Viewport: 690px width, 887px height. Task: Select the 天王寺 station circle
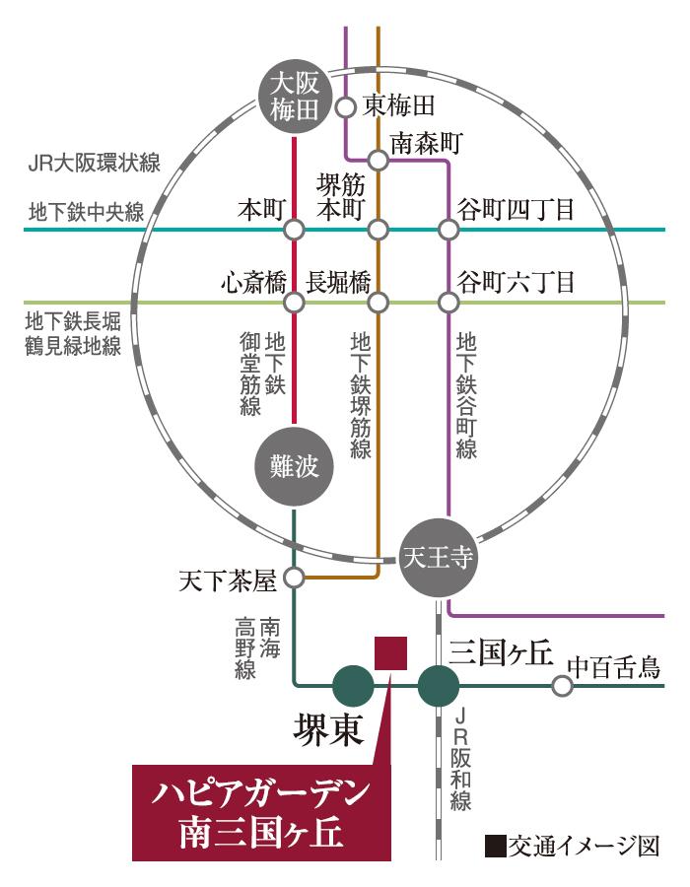click(439, 559)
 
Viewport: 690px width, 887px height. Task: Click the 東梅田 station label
click(399, 104)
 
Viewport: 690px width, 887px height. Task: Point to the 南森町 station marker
click(379, 159)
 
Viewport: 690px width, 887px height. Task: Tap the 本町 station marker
click(293, 231)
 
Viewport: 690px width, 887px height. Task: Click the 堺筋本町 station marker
click(379, 231)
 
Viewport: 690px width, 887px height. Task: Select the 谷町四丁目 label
click(516, 211)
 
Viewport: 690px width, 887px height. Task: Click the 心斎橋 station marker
click(293, 302)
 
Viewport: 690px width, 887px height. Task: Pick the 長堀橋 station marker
click(379, 302)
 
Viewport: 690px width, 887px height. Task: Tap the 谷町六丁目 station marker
click(448, 302)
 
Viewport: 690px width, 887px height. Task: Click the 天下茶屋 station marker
click(294, 578)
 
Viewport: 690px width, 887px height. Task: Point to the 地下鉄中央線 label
click(86, 212)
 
